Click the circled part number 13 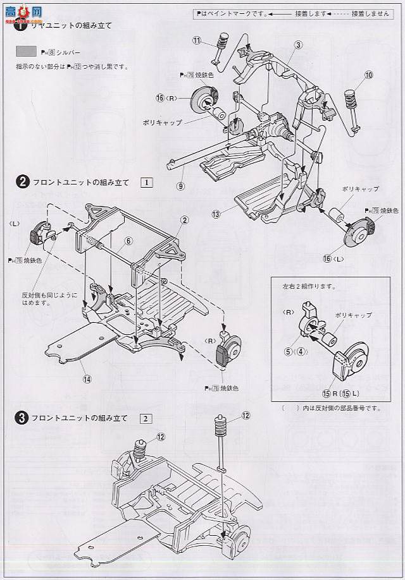216,214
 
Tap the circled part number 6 128,241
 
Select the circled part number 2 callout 184,220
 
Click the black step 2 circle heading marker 22,183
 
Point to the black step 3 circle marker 22,418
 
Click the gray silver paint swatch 28,53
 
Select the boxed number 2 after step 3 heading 147,418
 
